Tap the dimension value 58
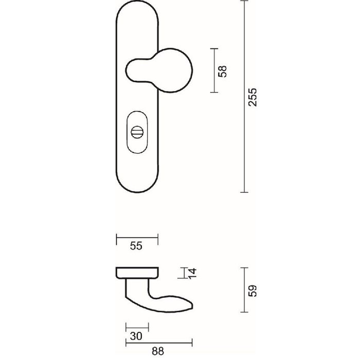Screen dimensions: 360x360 click(x=222, y=70)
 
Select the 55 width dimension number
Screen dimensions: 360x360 click(x=136, y=246)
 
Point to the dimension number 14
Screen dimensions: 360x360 click(x=191, y=273)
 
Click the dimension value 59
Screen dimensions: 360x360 click(x=251, y=290)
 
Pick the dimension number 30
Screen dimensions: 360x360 click(x=136, y=336)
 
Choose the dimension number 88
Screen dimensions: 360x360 click(x=158, y=351)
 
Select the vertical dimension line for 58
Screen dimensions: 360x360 click(x=214, y=70)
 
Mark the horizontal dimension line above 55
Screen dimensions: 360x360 click(x=137, y=239)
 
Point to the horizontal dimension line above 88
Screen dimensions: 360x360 click(x=158, y=342)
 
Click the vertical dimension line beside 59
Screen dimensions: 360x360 click(x=244, y=290)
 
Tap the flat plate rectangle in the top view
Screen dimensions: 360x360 click(x=137, y=272)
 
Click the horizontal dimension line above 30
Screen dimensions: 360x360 click(x=136, y=327)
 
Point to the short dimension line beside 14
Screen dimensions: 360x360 click(x=183, y=273)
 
